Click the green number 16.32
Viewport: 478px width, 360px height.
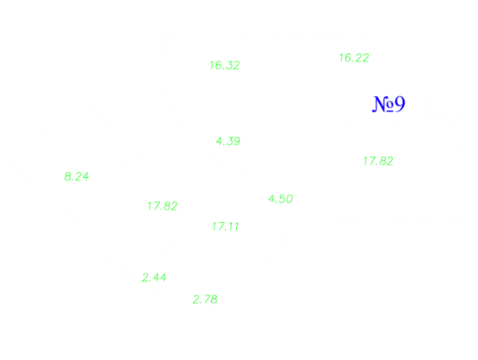(224, 65)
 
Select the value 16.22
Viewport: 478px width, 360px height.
(354, 58)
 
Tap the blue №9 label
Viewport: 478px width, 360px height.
(389, 104)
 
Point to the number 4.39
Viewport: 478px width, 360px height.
(228, 141)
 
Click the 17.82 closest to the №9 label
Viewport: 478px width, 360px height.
(378, 161)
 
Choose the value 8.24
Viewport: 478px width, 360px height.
(76, 176)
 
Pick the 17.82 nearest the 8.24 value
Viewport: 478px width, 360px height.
(162, 206)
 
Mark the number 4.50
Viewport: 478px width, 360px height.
(280, 199)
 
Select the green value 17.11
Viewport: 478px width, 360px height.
(225, 226)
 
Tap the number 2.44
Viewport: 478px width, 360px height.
(155, 278)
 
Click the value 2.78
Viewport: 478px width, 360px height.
(205, 299)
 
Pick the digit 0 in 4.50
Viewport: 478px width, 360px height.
(289, 199)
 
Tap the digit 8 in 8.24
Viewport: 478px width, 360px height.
(67, 176)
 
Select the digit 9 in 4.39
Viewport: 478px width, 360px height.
(237, 141)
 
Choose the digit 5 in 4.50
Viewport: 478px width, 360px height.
(281, 199)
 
